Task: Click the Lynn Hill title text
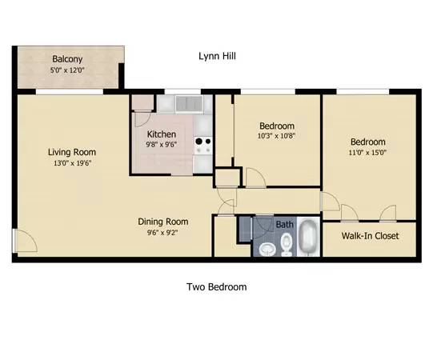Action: click(217, 56)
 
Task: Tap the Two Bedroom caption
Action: click(216, 287)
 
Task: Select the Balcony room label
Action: click(67, 59)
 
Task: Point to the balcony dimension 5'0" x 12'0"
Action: click(67, 70)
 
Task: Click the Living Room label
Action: click(72, 152)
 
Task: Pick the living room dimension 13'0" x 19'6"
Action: click(72, 163)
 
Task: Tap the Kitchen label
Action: click(162, 134)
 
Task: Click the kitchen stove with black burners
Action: click(203, 146)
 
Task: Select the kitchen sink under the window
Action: click(189, 104)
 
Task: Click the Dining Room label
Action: click(163, 222)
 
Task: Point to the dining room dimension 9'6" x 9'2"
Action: click(162, 233)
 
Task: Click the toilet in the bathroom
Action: click(287, 244)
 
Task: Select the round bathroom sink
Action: click(267, 250)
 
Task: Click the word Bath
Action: click(284, 225)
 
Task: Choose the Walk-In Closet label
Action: click(370, 236)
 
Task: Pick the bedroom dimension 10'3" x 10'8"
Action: click(276, 136)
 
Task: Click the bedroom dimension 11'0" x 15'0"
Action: click(367, 152)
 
